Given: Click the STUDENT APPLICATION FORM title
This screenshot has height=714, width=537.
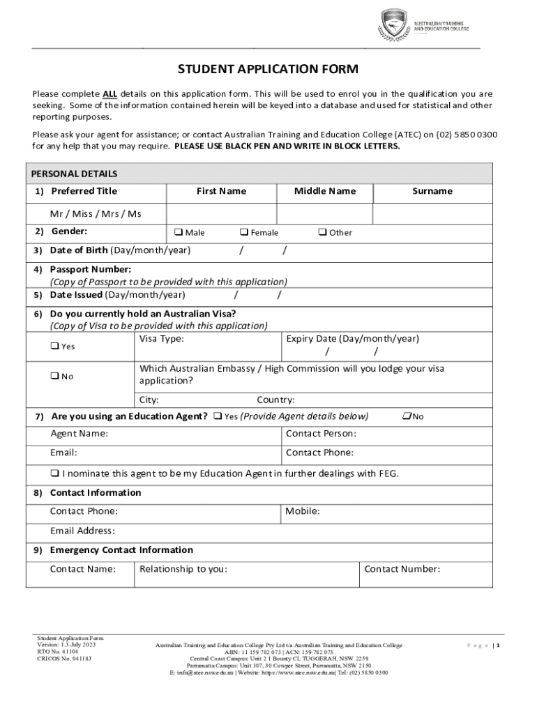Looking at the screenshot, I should pos(268,69).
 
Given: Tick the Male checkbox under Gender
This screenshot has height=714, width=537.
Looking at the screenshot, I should pos(178,232).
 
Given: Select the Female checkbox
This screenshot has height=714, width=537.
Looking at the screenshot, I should pos(244,232).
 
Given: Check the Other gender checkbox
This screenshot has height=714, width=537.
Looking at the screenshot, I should pos(322,232).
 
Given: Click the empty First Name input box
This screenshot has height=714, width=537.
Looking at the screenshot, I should pos(221,213).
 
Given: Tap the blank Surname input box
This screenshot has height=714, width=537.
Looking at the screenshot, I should pos(432,213).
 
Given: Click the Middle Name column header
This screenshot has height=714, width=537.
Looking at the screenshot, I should pos(324,191).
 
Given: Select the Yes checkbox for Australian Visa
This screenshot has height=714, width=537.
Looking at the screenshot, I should pos(54,347).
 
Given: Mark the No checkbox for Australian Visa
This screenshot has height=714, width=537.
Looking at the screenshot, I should pos(54,377).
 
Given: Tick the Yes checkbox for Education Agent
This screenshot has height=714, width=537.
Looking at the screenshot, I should pos(218,416).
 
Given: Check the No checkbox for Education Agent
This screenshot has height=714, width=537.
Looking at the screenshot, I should pos(406,416).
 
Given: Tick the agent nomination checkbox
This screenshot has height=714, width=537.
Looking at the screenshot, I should pos(54,473).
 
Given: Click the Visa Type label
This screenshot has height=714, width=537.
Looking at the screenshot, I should pos(162,339).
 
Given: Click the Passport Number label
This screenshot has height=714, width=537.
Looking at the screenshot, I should pos(90,269).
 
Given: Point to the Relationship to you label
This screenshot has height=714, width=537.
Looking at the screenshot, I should pos(183,569).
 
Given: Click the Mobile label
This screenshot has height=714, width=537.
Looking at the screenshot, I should pos(303,511).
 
